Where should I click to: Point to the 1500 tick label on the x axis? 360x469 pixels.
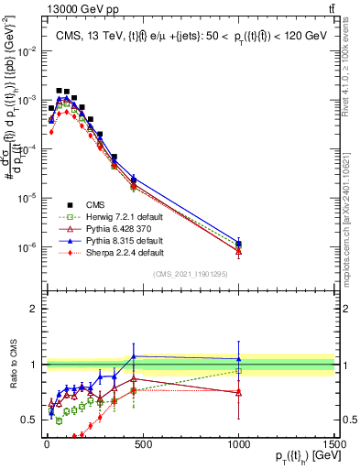pyautogui.click(x=334, y=443)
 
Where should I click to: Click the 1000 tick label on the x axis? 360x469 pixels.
pyautogui.click(x=238, y=443)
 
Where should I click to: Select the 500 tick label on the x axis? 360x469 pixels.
pyautogui.click(x=142, y=443)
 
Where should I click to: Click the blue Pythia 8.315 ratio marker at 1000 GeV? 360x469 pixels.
pyautogui.click(x=238, y=359)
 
